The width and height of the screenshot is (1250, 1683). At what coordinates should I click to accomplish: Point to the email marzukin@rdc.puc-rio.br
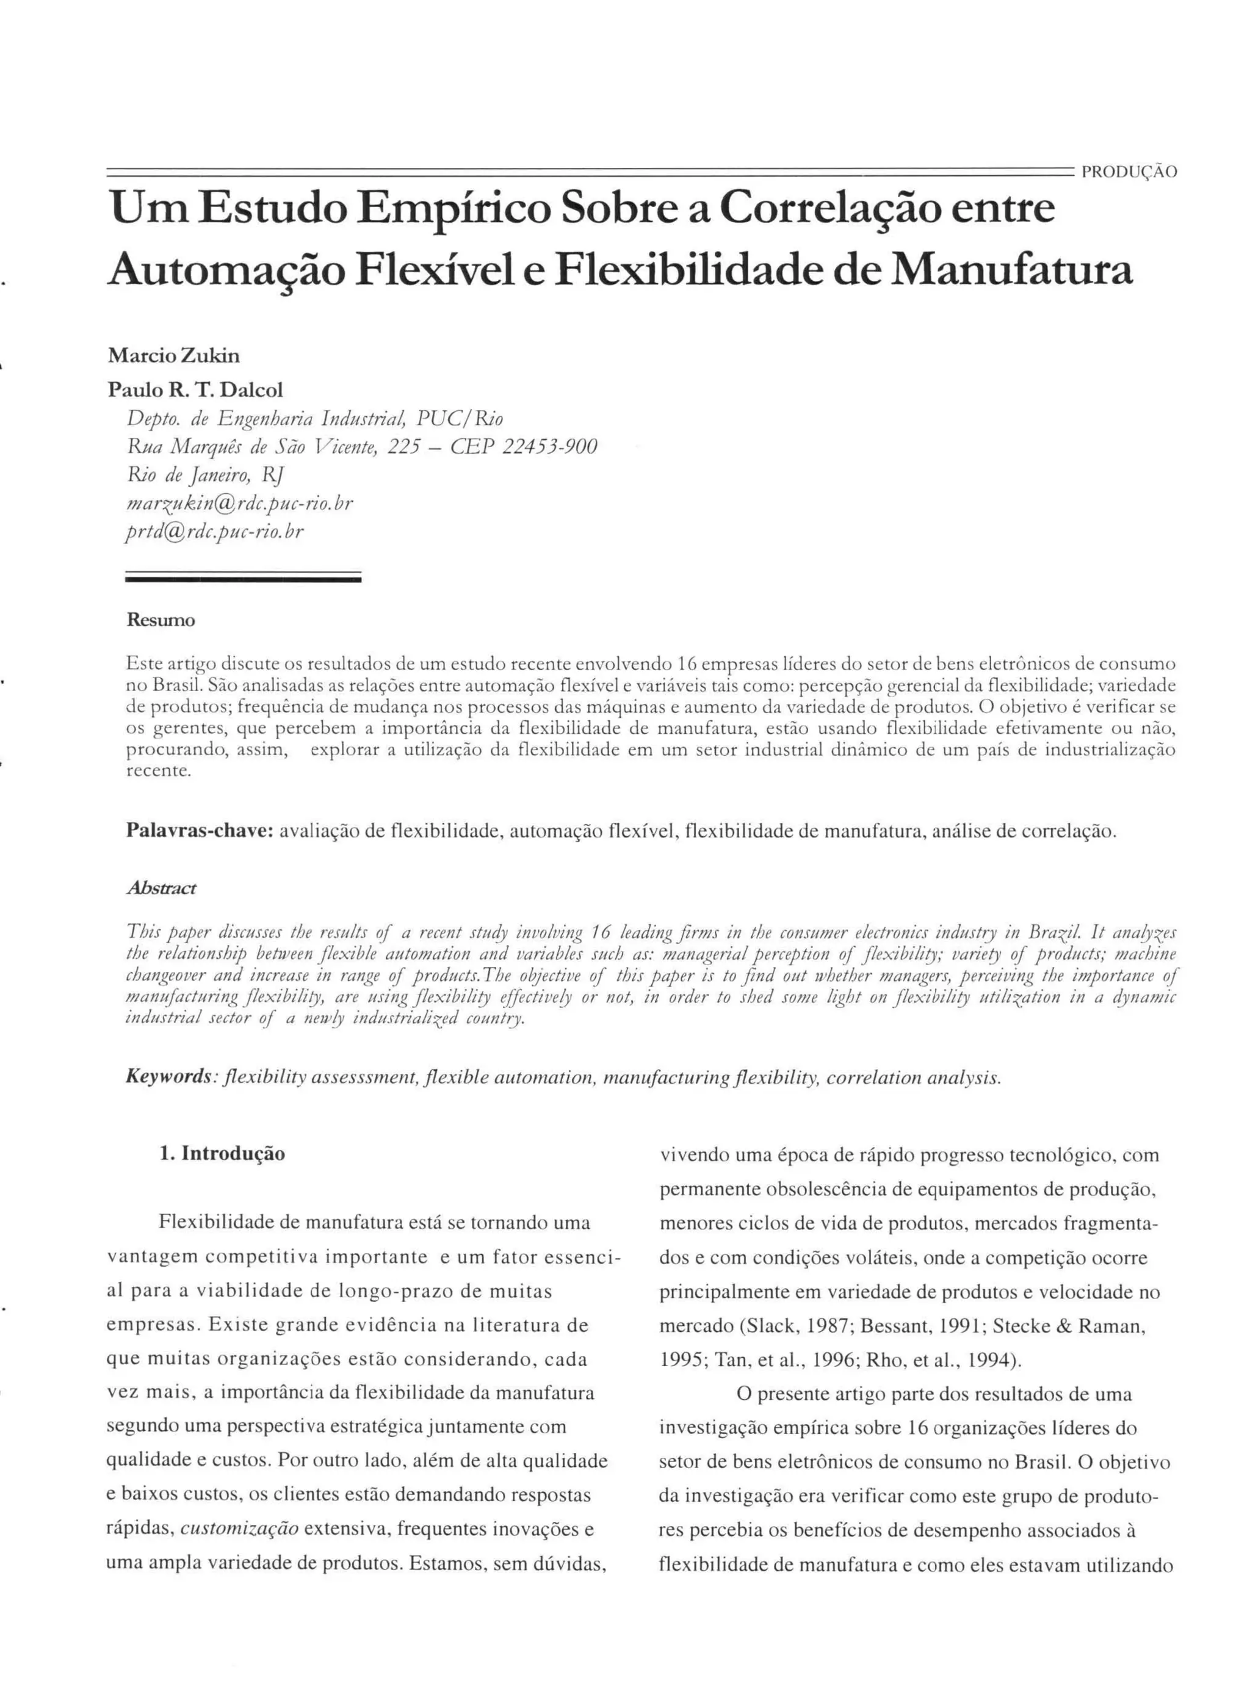[x=240, y=503]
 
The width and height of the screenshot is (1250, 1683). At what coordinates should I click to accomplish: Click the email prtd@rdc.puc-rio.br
[x=215, y=532]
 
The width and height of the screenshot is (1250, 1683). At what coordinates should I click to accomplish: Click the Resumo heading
[x=161, y=621]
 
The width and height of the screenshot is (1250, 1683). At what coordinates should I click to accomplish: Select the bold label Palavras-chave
[x=199, y=831]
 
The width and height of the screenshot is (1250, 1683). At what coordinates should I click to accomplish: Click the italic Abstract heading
[x=161, y=888]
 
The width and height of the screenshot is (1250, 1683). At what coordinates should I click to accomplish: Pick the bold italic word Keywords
[x=168, y=1077]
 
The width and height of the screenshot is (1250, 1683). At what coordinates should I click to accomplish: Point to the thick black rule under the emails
[x=243, y=580]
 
